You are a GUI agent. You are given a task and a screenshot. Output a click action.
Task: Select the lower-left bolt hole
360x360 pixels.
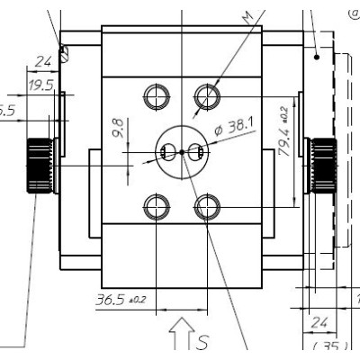coord(157,208)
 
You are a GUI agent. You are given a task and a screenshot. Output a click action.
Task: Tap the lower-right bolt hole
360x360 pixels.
coord(207,208)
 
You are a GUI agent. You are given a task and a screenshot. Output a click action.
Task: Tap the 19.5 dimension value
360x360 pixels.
coord(40,86)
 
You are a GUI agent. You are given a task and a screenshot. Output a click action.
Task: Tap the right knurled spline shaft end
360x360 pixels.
coord(321,166)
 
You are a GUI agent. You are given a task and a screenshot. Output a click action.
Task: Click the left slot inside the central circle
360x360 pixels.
coord(166,152)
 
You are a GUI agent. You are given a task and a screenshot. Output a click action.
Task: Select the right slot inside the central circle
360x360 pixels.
coord(198,152)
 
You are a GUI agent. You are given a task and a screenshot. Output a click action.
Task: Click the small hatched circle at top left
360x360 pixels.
coord(65,53)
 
